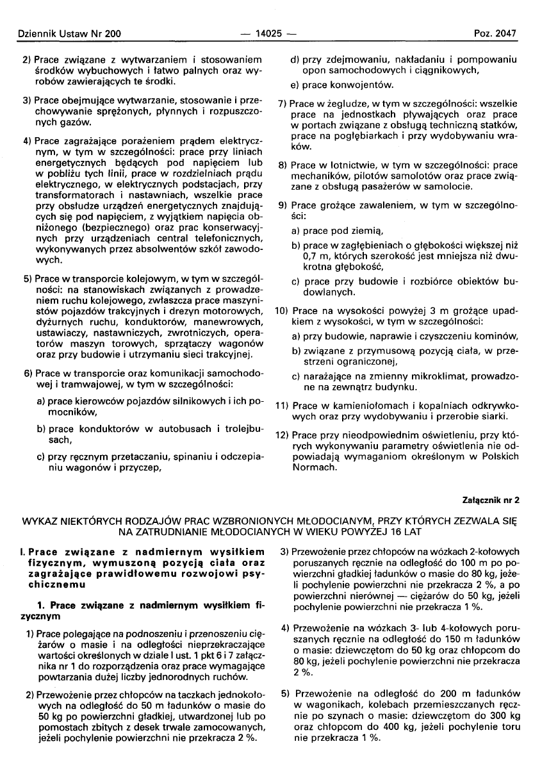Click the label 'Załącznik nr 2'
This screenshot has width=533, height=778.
(491, 499)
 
